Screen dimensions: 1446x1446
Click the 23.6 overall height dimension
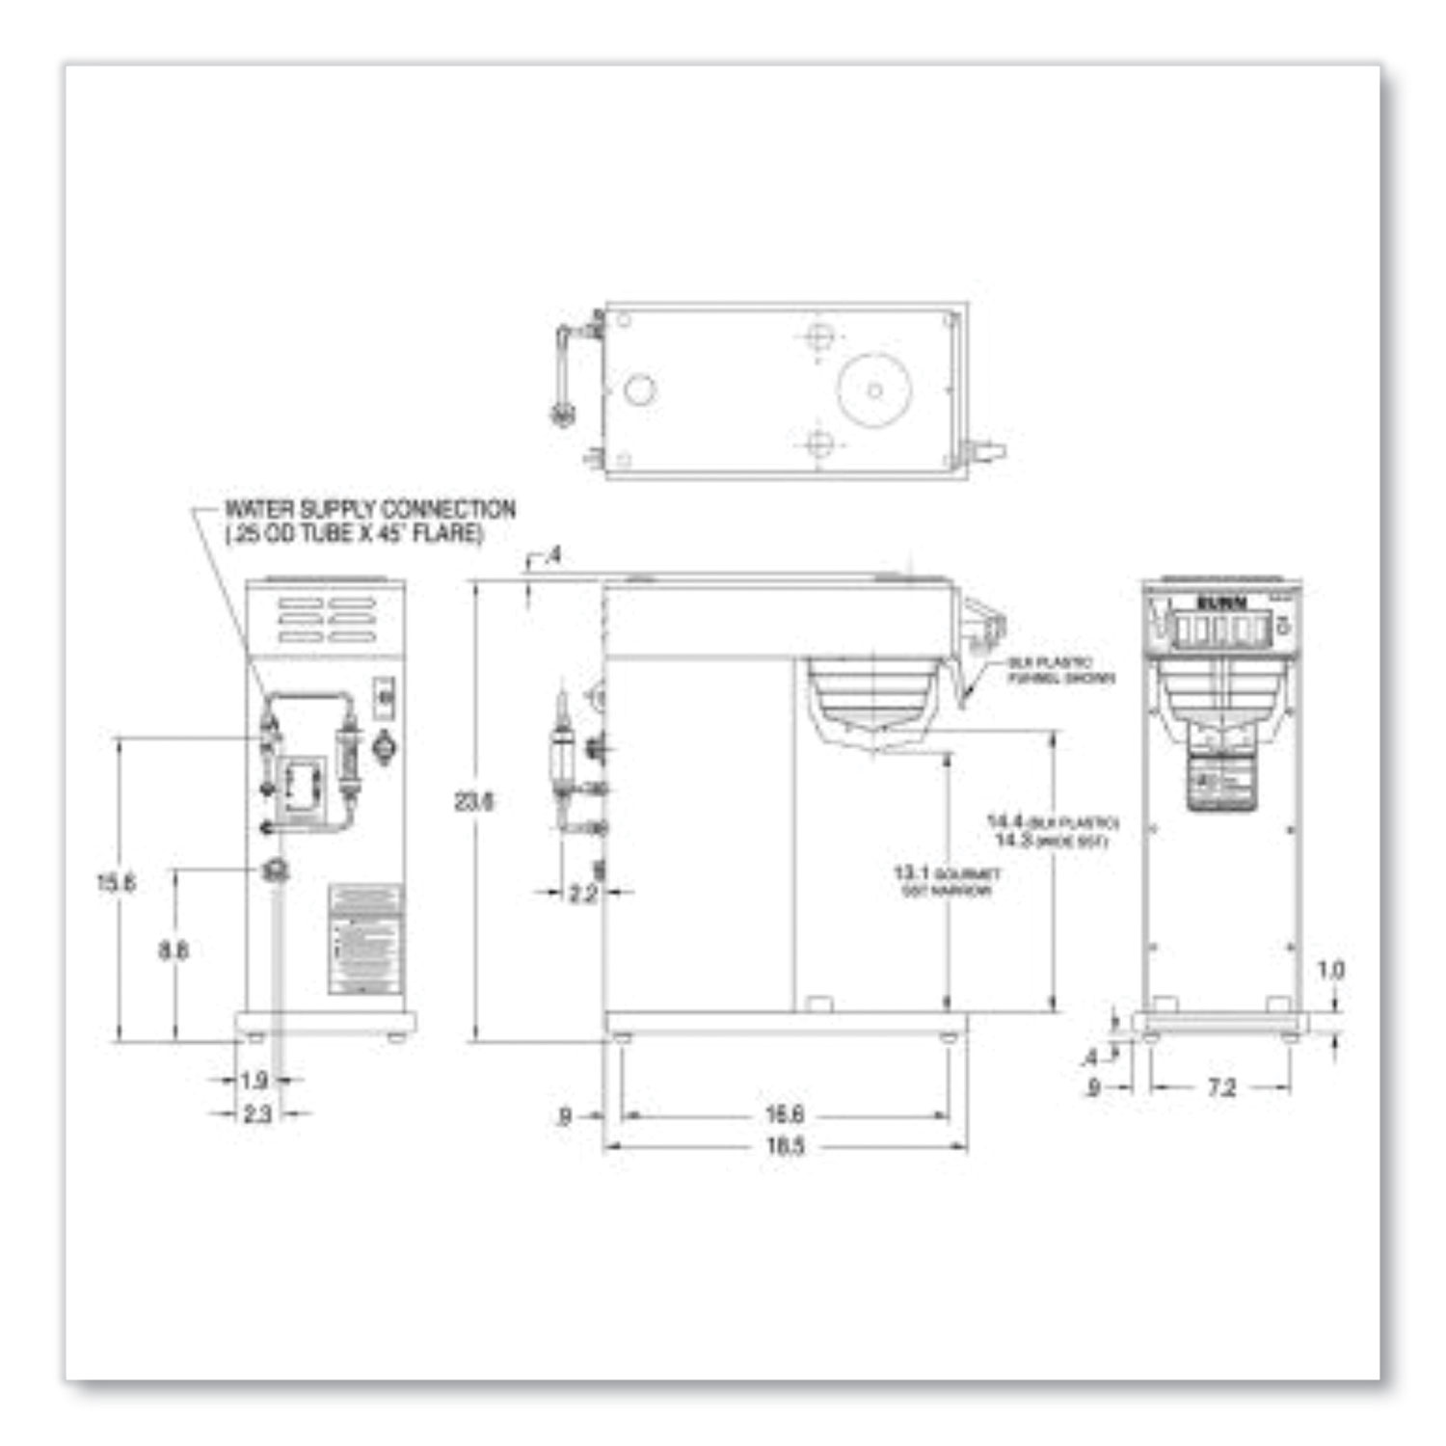[473, 801]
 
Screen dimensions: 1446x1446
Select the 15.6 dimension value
[116, 882]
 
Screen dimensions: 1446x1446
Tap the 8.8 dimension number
[174, 951]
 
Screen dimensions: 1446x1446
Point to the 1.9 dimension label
[254, 1081]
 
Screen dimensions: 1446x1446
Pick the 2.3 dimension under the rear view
[256, 1114]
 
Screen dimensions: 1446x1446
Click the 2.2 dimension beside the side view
[582, 894]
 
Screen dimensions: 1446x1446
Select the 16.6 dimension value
[784, 1115]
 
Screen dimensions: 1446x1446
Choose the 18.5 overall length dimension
[785, 1147]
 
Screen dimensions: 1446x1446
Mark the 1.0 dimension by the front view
[1330, 970]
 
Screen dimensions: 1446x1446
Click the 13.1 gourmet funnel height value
[910, 873]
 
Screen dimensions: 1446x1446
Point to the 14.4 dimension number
[1006, 822]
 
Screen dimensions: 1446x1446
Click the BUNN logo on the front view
[1221, 603]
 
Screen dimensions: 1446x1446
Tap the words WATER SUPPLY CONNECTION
[370, 509]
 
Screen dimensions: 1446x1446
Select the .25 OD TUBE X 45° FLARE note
[354, 534]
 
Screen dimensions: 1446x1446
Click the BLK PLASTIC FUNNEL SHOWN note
[1060, 671]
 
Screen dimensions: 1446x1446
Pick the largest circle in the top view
[874, 390]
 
